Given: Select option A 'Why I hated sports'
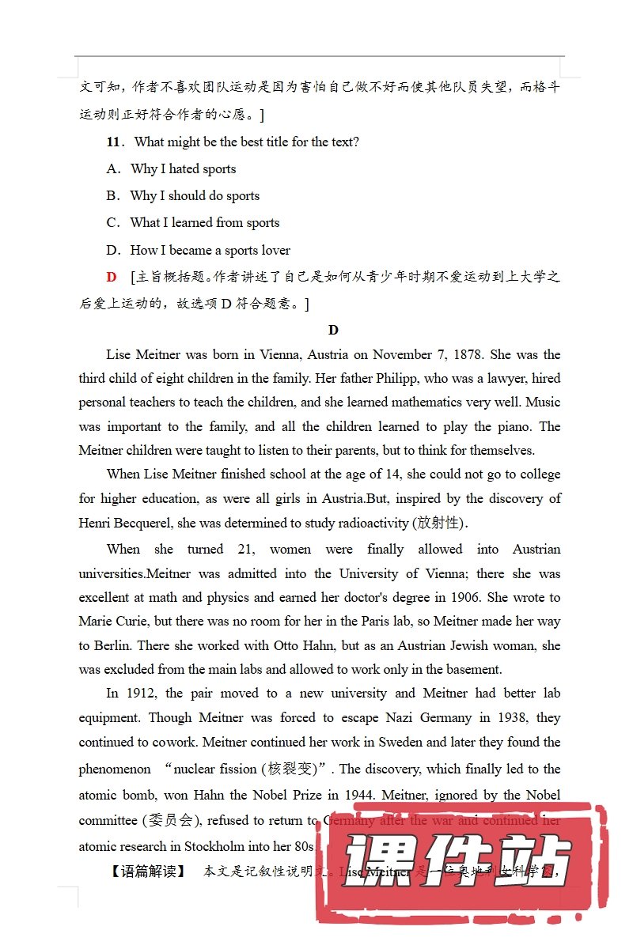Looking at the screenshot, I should tap(183, 169).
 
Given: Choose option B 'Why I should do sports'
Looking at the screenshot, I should tap(195, 196).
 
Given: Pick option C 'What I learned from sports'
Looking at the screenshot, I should tap(204, 223).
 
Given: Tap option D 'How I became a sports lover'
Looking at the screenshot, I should tap(210, 251).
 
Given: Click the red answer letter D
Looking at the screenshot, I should tap(112, 278).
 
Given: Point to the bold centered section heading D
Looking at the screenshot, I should tap(333, 331).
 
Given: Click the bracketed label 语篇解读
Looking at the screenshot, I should tap(148, 872).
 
